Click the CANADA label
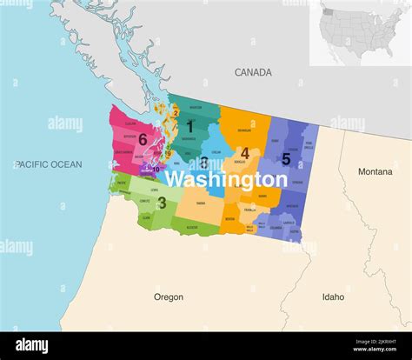click(x=253, y=73)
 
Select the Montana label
click(x=375, y=172)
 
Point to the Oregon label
click(x=169, y=297)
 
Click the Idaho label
click(x=333, y=297)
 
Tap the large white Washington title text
click(x=226, y=180)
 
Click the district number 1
click(x=189, y=127)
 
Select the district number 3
click(x=162, y=203)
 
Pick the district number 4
click(x=245, y=154)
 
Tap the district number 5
click(x=286, y=159)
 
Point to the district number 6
click(x=142, y=138)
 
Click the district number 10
click(x=156, y=170)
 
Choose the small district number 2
click(x=175, y=112)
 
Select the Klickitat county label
click(x=192, y=227)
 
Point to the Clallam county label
click(x=131, y=124)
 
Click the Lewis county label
click(x=154, y=189)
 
